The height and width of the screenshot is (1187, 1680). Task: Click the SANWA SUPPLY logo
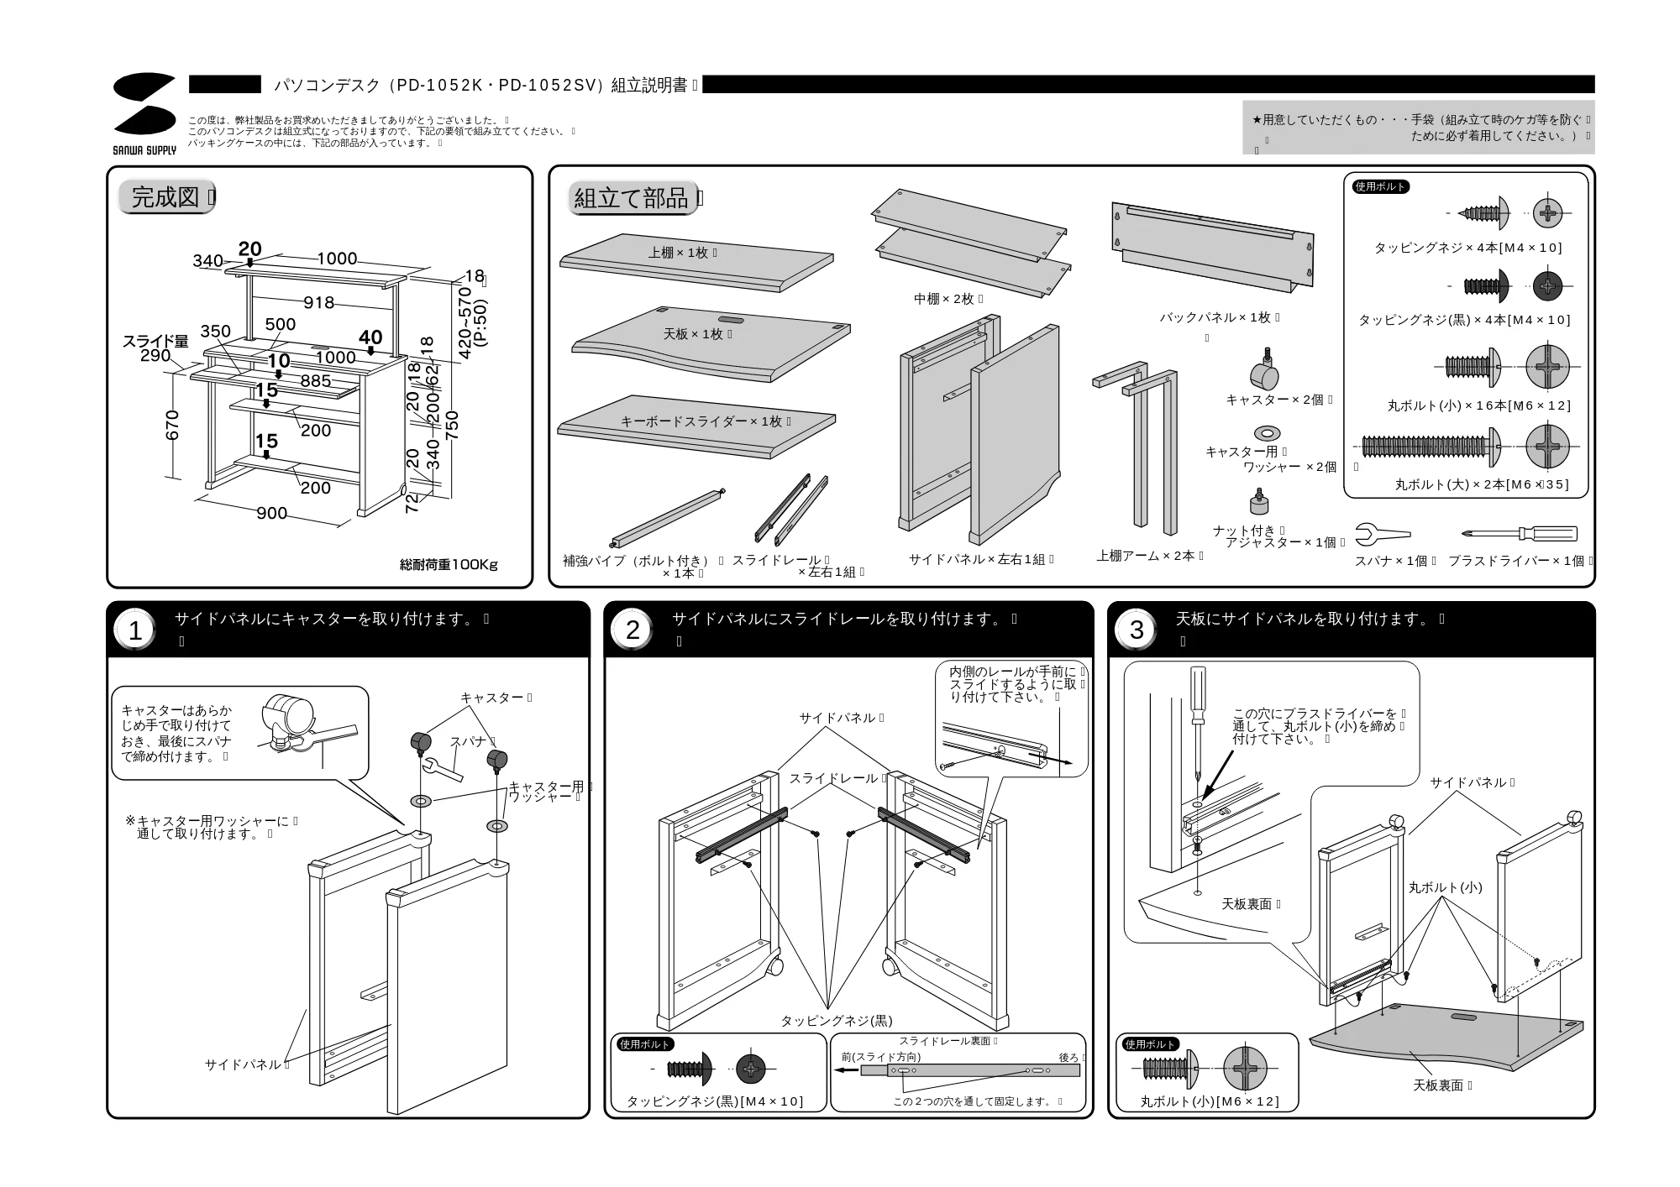tap(144, 113)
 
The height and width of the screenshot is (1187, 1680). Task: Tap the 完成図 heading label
tap(166, 197)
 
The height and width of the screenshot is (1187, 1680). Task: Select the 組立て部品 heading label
tap(633, 198)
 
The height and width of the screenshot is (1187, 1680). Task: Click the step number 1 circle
tap(135, 630)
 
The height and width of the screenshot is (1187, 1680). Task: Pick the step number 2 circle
tap(633, 630)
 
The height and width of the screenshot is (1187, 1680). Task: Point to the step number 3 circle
tap(1137, 630)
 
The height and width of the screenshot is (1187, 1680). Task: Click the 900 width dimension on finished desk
tap(271, 513)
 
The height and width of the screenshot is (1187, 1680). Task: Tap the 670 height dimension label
tap(173, 425)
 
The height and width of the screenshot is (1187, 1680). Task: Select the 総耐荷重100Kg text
tap(449, 565)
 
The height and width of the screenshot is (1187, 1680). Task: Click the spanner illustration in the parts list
tap(1383, 534)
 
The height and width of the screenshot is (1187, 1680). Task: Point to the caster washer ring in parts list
tap(1267, 433)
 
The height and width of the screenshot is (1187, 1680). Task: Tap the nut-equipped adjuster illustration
tap(1259, 501)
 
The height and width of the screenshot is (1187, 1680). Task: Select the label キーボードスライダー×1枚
tap(705, 421)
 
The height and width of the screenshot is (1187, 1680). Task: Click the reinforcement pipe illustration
tap(667, 516)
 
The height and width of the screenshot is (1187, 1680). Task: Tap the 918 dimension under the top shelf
tap(318, 302)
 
